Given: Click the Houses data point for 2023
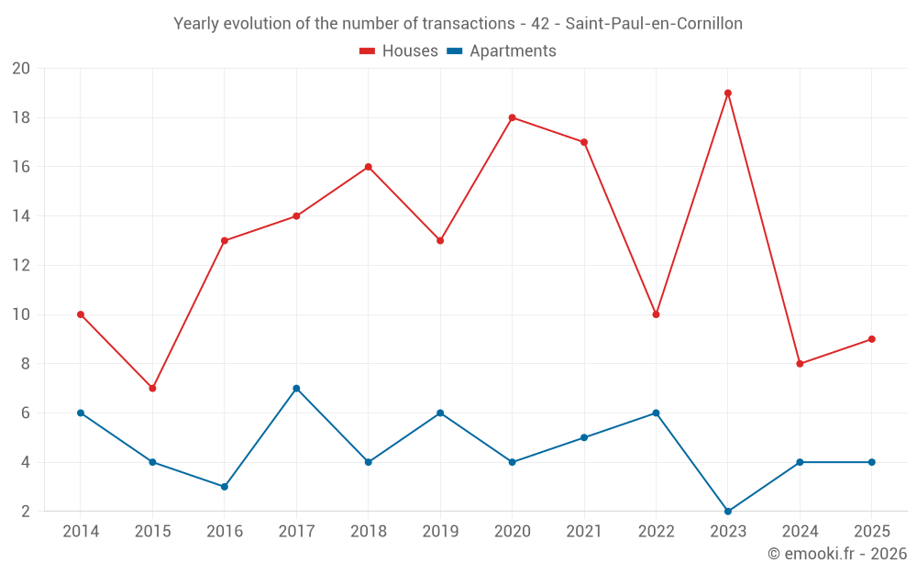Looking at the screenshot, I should (728, 93).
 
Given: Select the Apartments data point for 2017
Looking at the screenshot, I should (296, 388).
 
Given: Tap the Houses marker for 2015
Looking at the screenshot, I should (152, 388).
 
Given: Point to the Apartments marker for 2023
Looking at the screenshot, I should (728, 511).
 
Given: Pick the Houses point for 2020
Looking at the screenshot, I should (512, 117).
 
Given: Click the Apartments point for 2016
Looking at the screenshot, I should (225, 486).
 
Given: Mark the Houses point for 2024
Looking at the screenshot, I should (800, 363).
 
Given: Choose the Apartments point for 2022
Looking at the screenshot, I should (656, 413).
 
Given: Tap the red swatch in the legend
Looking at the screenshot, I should (367, 51).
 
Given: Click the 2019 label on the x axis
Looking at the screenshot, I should (440, 531).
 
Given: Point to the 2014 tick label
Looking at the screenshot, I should (81, 531).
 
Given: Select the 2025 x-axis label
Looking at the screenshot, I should (871, 531).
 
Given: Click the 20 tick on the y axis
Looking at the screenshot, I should (21, 69).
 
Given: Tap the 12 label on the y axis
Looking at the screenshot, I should (21, 265).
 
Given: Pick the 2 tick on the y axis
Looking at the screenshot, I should (25, 511).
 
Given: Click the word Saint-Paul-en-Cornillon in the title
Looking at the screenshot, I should (654, 23).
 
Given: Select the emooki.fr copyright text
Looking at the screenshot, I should (837, 554).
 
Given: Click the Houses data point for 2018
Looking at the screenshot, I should (369, 167).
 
